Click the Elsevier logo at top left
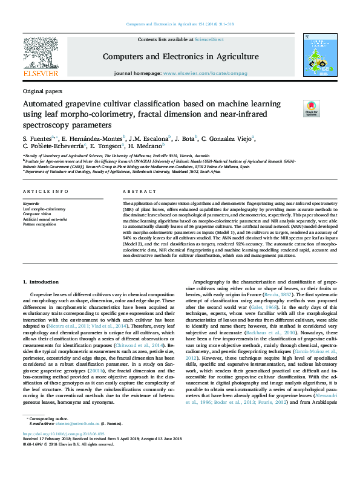[40, 56]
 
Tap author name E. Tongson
[106, 146]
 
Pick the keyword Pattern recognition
[39, 224]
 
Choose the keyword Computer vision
[37, 214]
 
